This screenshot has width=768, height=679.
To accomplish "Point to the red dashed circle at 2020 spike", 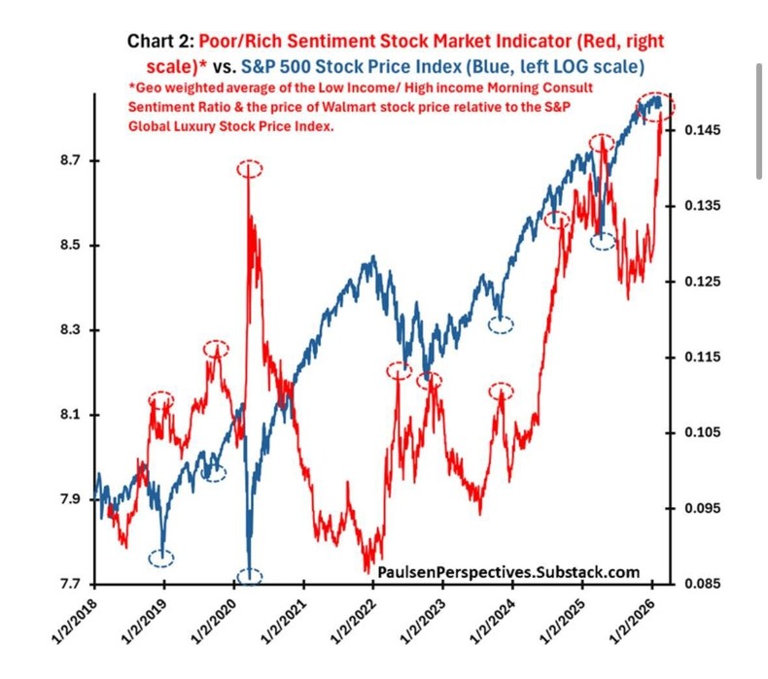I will click(x=249, y=169).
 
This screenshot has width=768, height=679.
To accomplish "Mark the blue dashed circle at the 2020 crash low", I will click(x=250, y=576).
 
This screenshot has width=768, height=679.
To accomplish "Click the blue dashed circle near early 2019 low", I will click(x=161, y=558).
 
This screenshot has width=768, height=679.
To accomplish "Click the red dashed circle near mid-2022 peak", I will click(x=400, y=370).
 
